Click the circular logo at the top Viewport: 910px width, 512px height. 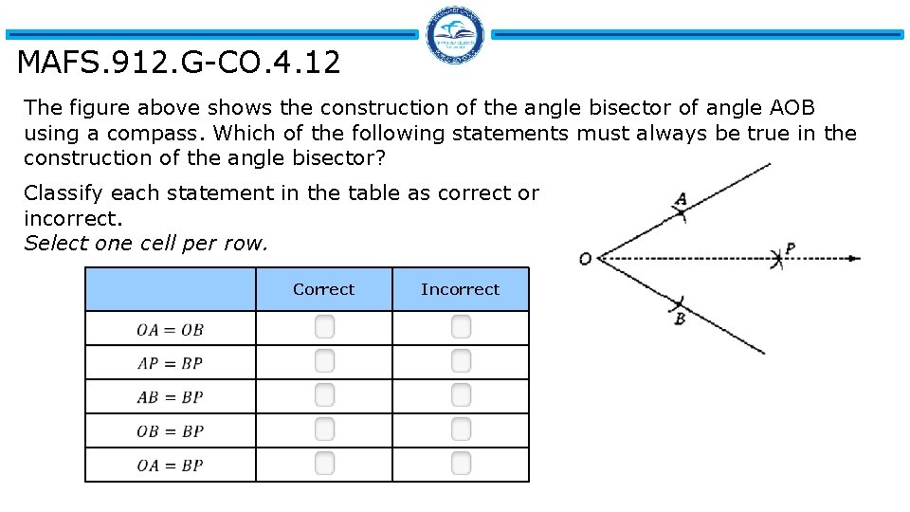click(x=455, y=36)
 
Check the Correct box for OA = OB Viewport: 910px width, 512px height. click(x=324, y=327)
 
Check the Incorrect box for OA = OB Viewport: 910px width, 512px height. click(x=461, y=327)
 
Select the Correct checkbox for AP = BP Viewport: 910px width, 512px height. click(x=324, y=361)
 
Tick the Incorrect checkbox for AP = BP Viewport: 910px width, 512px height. click(x=461, y=361)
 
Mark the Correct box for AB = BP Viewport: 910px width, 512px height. click(x=324, y=395)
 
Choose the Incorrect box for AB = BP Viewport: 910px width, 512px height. click(x=461, y=395)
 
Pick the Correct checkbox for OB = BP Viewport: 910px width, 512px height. click(x=324, y=430)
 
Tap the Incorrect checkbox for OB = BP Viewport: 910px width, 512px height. click(x=461, y=430)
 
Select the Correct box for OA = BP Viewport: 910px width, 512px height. click(x=324, y=464)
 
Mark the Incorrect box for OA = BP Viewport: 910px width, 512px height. click(x=461, y=464)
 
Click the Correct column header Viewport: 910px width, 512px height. click(x=323, y=289)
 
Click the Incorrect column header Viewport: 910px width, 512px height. click(x=460, y=289)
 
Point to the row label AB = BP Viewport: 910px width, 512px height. click(x=170, y=397)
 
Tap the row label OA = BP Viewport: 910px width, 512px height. click(x=170, y=466)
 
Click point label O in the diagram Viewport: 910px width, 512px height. click(x=585, y=259)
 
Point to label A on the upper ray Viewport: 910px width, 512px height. click(x=681, y=200)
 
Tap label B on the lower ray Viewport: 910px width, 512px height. click(x=680, y=320)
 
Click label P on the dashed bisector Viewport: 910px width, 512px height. click(x=790, y=249)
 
